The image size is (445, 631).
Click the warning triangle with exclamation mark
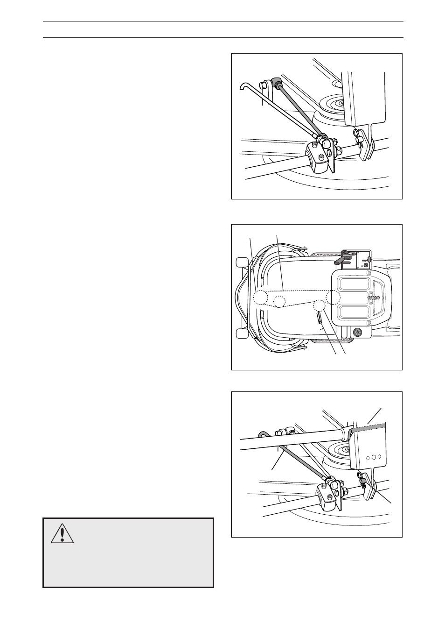point(63,533)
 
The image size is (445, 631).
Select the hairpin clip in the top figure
point(360,136)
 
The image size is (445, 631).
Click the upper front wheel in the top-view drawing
point(241,261)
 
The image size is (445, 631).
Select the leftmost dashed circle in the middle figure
point(260,297)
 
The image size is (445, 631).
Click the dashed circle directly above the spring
point(319,305)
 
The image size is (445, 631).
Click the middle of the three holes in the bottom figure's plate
point(373,456)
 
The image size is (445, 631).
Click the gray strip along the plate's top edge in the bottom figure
point(369,426)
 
